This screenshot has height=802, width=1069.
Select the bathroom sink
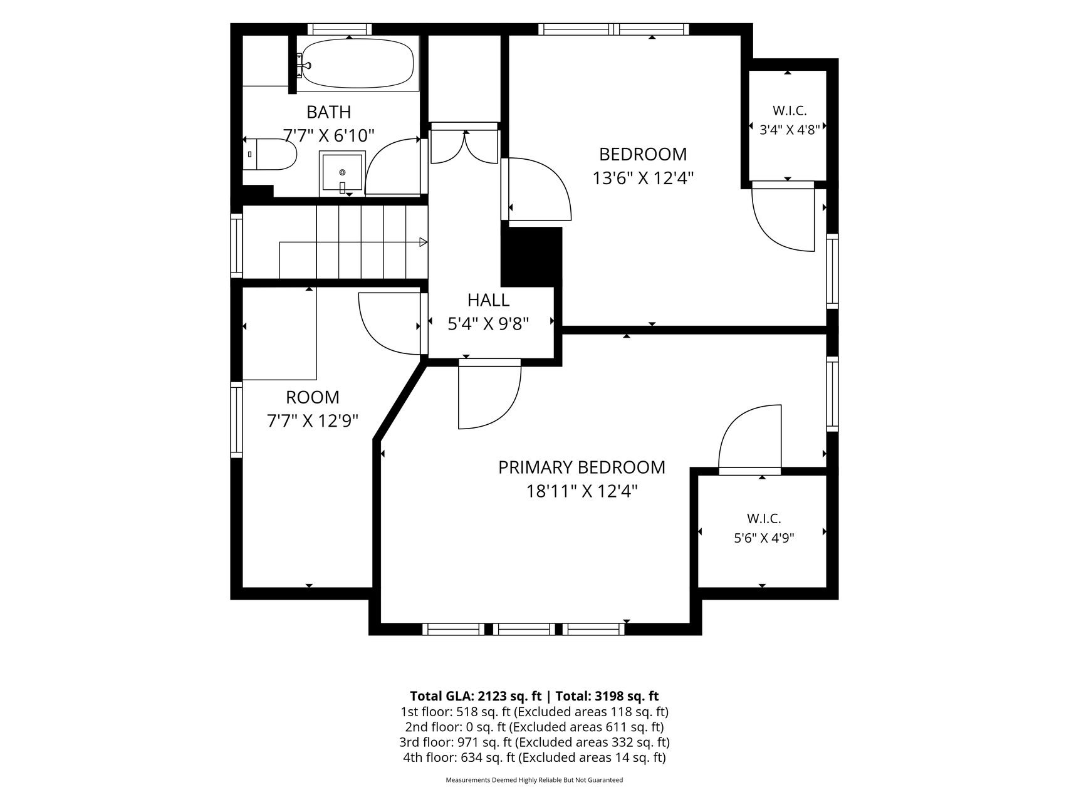(x=342, y=172)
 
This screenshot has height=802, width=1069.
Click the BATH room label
(x=328, y=112)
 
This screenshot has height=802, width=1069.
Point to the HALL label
(x=489, y=300)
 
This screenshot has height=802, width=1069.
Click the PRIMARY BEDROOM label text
(x=581, y=467)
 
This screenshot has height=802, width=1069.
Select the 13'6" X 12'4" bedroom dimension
(x=643, y=179)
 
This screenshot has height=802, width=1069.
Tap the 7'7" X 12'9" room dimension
(x=312, y=420)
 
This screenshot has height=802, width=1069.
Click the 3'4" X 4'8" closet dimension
(x=790, y=130)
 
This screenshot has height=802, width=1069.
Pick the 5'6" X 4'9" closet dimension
(x=764, y=538)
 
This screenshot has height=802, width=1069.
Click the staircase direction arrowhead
(x=424, y=242)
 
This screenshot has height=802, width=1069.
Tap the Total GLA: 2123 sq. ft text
(x=476, y=696)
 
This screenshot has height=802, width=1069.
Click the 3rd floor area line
(x=534, y=742)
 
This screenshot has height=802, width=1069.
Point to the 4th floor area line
(x=534, y=758)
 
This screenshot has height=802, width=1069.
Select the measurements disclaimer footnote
(x=534, y=780)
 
